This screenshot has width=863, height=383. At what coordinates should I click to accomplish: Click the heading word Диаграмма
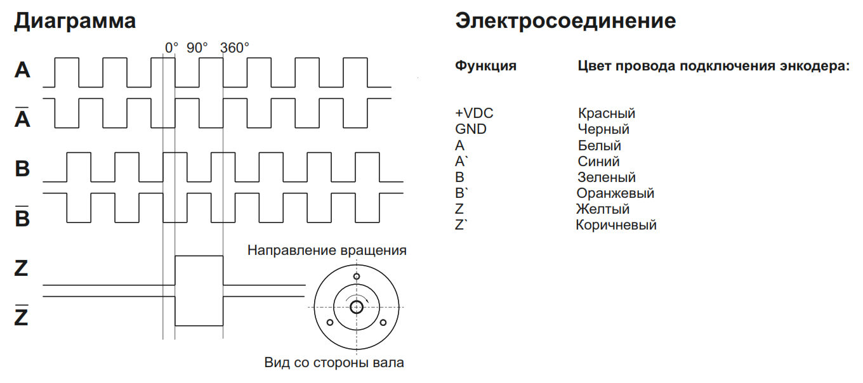75,21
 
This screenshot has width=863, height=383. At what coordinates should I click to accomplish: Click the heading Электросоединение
565,20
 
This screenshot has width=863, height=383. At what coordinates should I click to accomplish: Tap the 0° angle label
171,48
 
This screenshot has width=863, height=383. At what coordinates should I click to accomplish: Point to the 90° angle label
197,48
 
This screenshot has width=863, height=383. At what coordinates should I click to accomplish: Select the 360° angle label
235,48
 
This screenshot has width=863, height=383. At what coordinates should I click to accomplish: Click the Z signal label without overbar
21,268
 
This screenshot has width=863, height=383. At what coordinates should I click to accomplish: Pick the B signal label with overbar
22,216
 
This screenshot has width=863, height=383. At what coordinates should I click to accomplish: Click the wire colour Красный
607,113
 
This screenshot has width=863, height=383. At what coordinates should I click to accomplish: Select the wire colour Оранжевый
616,193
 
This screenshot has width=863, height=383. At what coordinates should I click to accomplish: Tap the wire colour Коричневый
616,225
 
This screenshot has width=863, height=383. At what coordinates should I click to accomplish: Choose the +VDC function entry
474,113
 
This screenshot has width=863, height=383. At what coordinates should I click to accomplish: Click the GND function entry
471,129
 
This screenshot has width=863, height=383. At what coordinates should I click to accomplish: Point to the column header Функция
486,66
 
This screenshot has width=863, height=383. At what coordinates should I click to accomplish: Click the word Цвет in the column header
595,66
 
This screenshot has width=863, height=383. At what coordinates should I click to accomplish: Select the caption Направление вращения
327,250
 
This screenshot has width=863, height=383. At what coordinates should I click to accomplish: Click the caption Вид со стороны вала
334,362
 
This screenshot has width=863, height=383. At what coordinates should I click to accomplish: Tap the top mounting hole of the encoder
357,276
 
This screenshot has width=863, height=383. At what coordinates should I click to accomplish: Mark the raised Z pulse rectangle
199,256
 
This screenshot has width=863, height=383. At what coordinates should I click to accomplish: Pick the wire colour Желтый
603,209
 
